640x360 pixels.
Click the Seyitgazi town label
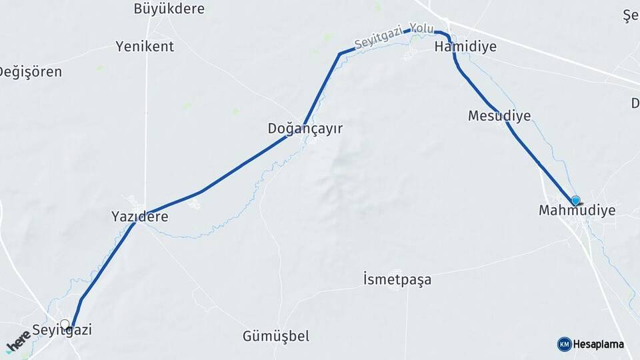62,330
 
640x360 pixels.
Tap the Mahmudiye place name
577,211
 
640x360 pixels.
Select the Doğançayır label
305,128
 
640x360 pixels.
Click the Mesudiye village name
499,116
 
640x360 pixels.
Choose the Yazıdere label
139,217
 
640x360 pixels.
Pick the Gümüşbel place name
276,336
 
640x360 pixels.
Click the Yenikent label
145,46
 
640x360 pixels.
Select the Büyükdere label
169,9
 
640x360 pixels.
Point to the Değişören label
31,72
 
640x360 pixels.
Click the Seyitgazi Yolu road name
394,36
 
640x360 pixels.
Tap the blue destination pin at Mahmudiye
575,200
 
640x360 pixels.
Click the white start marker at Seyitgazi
65,325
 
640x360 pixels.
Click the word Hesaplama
599,344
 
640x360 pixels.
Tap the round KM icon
565,344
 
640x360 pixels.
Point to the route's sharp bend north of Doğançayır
340,53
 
